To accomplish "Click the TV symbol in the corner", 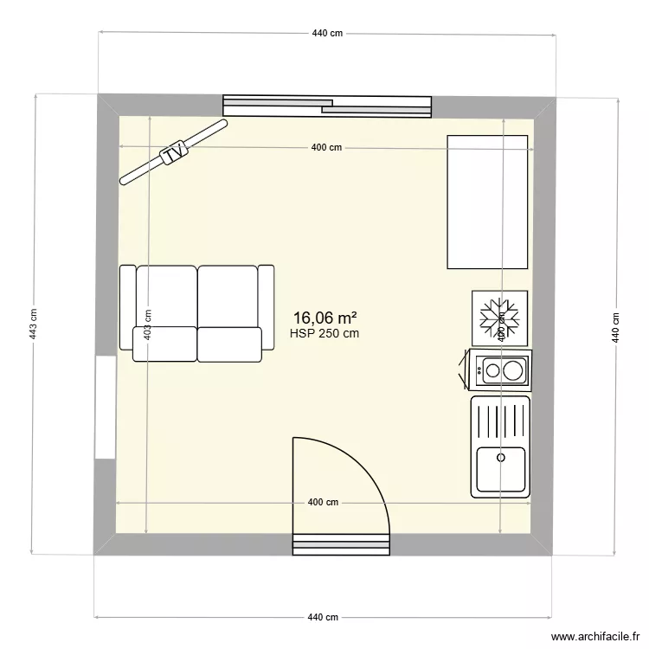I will coord(174,153).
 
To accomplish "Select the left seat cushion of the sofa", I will coord(165,344).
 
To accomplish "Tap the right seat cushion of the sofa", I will coord(229,344).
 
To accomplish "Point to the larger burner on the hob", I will coord(513,371).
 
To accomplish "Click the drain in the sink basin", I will coord(500,456).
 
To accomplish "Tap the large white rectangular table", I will coord(487,202).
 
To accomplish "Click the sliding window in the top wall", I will coord(327,105).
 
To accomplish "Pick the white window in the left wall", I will coord(106,407).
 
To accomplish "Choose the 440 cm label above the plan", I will coord(328,33).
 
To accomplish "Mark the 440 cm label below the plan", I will coord(324,617).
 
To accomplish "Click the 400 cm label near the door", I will coord(324,503).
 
